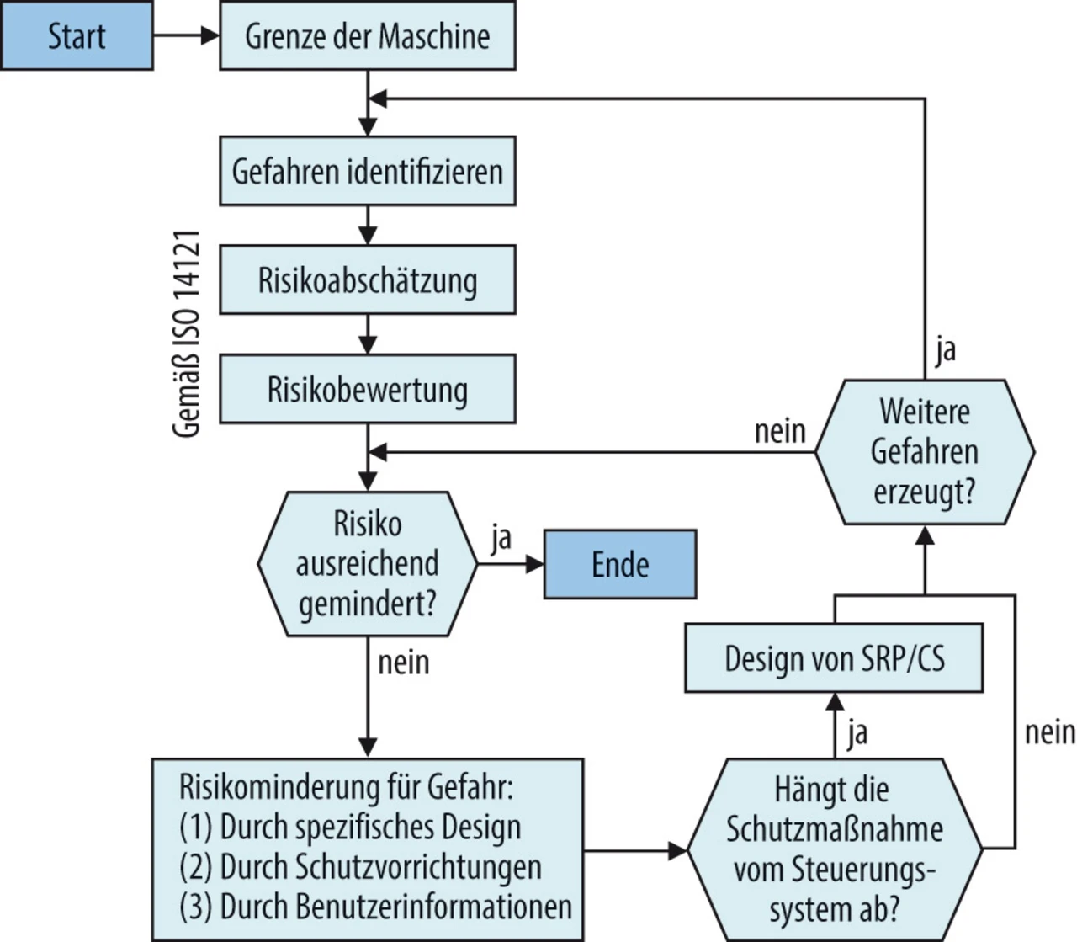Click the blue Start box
77,36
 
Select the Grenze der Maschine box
367,36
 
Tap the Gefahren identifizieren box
367,172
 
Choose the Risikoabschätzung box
367,280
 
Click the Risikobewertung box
367,390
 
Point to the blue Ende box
620,564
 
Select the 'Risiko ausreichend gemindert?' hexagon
367,563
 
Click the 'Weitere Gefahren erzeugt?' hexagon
924,452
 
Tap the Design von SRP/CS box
834,658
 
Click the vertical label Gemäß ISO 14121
187,333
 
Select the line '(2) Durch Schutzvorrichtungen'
360,867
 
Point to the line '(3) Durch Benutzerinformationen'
375,907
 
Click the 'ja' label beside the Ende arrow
501,538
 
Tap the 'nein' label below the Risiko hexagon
403,663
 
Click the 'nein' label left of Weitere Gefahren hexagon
780,432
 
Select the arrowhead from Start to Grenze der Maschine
210,36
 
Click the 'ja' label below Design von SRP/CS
857,732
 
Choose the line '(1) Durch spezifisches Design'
350,828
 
